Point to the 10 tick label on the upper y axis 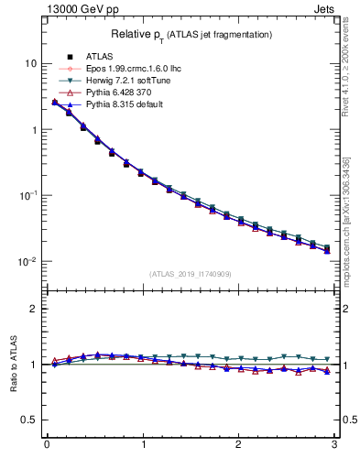click(30, 63)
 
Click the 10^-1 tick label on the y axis click(28, 195)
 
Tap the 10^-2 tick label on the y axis click(28, 261)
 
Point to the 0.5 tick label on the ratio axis click(29, 420)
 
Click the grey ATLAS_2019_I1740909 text click(190, 274)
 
